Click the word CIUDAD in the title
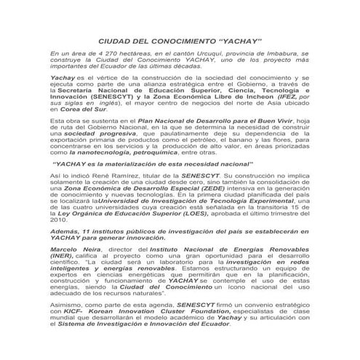coord(117,43)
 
